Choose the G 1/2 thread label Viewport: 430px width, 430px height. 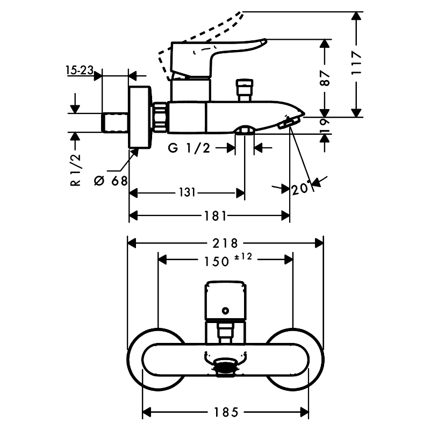(x=189, y=149)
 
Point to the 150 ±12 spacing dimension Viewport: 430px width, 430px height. (x=225, y=260)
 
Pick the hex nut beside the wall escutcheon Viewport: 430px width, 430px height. (x=161, y=117)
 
